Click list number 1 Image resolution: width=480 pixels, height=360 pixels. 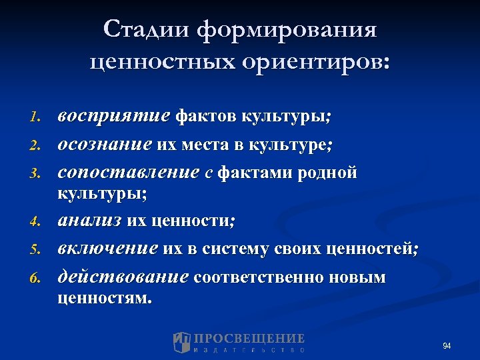click(36, 118)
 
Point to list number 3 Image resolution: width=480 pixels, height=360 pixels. click(36, 174)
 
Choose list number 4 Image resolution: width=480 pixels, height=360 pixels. click(36, 221)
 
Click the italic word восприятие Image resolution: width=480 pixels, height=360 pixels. click(113, 117)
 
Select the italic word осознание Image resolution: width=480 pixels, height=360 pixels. click(105, 145)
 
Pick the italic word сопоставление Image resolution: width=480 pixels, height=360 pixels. click(128, 173)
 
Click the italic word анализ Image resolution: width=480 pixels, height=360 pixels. click(89, 221)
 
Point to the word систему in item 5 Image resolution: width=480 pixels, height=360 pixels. click(245, 249)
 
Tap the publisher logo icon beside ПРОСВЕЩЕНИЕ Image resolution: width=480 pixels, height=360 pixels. click(182, 342)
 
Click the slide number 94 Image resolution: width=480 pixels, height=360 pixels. click(447, 346)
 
